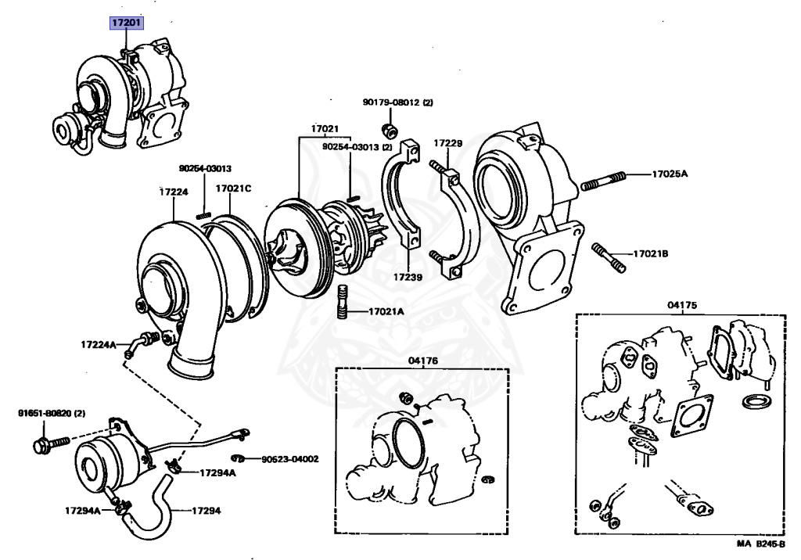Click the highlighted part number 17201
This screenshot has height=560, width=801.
pos(126,23)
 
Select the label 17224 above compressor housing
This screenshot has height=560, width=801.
pos(174,192)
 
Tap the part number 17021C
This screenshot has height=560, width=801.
pos(233,188)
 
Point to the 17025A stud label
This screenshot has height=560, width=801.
pos(670,174)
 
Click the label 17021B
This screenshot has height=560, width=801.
pos(650,253)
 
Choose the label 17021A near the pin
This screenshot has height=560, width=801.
pos(386,311)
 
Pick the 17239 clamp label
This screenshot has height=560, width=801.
pos(408,278)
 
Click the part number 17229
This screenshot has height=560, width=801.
pos(448,144)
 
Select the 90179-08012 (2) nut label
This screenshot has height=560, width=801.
pos(398,102)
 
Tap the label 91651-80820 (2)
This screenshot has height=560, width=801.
pos(52,413)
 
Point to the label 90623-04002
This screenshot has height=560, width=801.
pos(290,459)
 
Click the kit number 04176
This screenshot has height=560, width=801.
pos(423,361)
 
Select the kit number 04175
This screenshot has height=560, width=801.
pos(682,306)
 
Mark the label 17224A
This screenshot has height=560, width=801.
pos(99,344)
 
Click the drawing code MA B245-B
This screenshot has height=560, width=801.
pos(760,544)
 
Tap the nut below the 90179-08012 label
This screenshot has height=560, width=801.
pos(390,130)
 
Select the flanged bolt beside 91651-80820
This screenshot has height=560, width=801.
pos(51,443)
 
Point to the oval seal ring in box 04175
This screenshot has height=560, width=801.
pos(757,401)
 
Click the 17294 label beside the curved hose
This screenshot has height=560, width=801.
pos(207,511)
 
